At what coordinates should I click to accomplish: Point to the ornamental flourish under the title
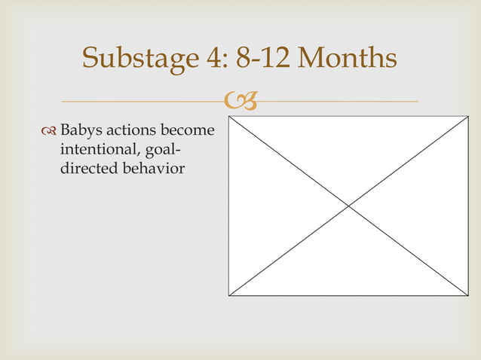240,101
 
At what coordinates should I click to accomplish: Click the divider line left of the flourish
143,101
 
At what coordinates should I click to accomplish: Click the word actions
130,132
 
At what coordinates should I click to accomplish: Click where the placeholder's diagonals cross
348,206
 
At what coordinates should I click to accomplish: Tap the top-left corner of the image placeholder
229,117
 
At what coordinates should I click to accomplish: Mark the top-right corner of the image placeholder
467,117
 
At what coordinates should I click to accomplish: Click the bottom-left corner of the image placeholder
229,295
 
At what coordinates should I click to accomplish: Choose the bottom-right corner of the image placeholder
467,295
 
